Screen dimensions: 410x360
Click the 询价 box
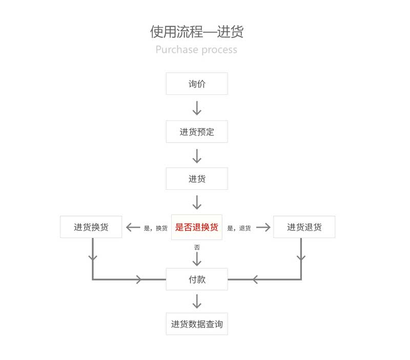pyautogui.click(x=197, y=84)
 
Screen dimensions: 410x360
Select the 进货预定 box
pyautogui.click(x=197, y=132)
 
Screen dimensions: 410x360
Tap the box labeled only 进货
pyautogui.click(x=197, y=178)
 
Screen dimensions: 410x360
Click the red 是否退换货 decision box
pyautogui.click(x=197, y=227)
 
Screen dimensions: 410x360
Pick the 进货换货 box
pyautogui.click(x=91, y=227)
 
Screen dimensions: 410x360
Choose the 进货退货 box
pyautogui.click(x=304, y=227)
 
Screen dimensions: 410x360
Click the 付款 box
pyautogui.click(x=197, y=279)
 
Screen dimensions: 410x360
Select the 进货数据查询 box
pyautogui.click(x=197, y=324)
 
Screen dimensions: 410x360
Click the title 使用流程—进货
pyautogui.click(x=197, y=32)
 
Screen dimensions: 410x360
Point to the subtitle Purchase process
pyautogui.click(x=196, y=49)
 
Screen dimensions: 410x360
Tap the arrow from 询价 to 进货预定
pyautogui.click(x=197, y=108)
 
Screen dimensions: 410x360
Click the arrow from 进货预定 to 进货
pyautogui.click(x=197, y=156)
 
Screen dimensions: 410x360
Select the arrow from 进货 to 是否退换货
pyautogui.click(x=197, y=202)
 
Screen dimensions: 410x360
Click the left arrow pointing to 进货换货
pyautogui.click(x=133, y=227)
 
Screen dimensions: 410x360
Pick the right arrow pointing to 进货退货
pyautogui.click(x=263, y=227)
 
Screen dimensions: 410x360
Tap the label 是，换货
pyautogui.click(x=156, y=228)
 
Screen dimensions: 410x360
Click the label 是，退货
pyautogui.click(x=239, y=228)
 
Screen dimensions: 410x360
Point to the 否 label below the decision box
pyautogui.click(x=197, y=247)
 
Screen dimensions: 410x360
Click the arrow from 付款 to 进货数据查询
pyautogui.click(x=197, y=301)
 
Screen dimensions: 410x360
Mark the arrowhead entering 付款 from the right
pyautogui.click(x=255, y=279)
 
